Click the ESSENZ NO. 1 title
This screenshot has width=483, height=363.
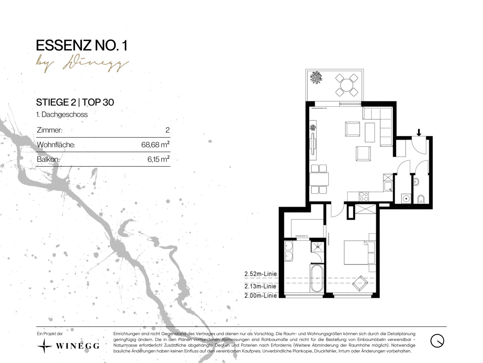pos(82,45)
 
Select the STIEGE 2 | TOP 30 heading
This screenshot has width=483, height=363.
pos(75,102)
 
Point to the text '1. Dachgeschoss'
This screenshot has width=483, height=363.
pos(62,114)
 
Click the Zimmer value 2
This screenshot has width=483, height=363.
pos(167,130)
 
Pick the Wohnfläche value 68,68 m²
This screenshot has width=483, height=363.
pos(155,145)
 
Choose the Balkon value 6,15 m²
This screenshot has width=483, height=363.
pos(158,159)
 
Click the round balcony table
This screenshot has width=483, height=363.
pos(346,85)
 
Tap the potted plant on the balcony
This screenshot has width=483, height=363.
pos(316,77)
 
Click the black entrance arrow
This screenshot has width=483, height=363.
pos(419,132)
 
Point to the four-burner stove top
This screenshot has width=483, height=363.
pos(364,197)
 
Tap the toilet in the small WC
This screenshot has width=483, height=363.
pos(421,199)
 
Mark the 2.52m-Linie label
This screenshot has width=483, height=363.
pos(261,274)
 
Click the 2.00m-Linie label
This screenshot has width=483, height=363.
pos(261,295)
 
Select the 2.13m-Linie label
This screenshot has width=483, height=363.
pos(260,286)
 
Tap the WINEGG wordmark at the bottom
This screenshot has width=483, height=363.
pos(77,346)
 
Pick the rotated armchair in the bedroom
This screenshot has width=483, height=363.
pos(360,283)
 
